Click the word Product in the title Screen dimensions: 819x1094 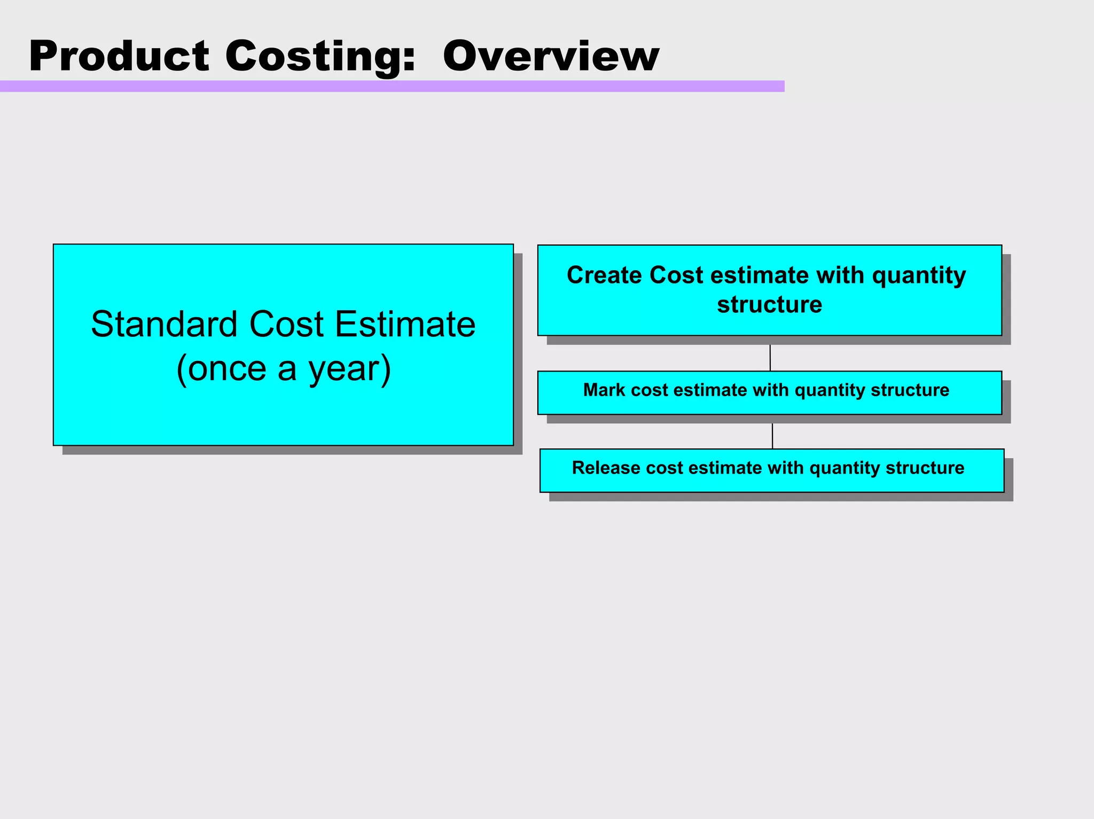119,56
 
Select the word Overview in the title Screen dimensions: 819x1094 551,56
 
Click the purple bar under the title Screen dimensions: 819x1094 392,86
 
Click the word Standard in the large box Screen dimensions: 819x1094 164,324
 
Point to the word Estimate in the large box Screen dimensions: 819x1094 405,324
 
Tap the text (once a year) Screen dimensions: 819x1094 284,368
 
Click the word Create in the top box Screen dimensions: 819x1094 604,275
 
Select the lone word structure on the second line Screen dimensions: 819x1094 769,305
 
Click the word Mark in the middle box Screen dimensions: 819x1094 604,390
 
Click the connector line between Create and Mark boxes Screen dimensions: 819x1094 770,358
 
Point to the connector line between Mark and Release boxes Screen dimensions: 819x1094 772,436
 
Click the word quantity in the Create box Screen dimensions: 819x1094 919,275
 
